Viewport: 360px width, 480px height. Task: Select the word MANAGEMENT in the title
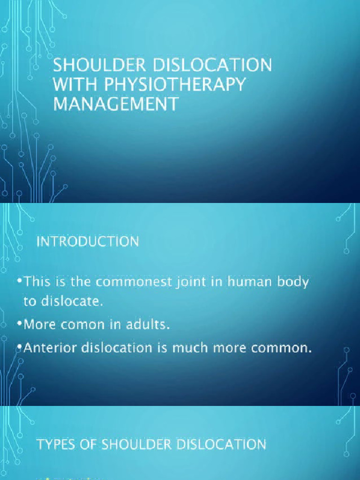(116, 104)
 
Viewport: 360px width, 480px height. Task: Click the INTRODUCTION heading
(88, 242)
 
